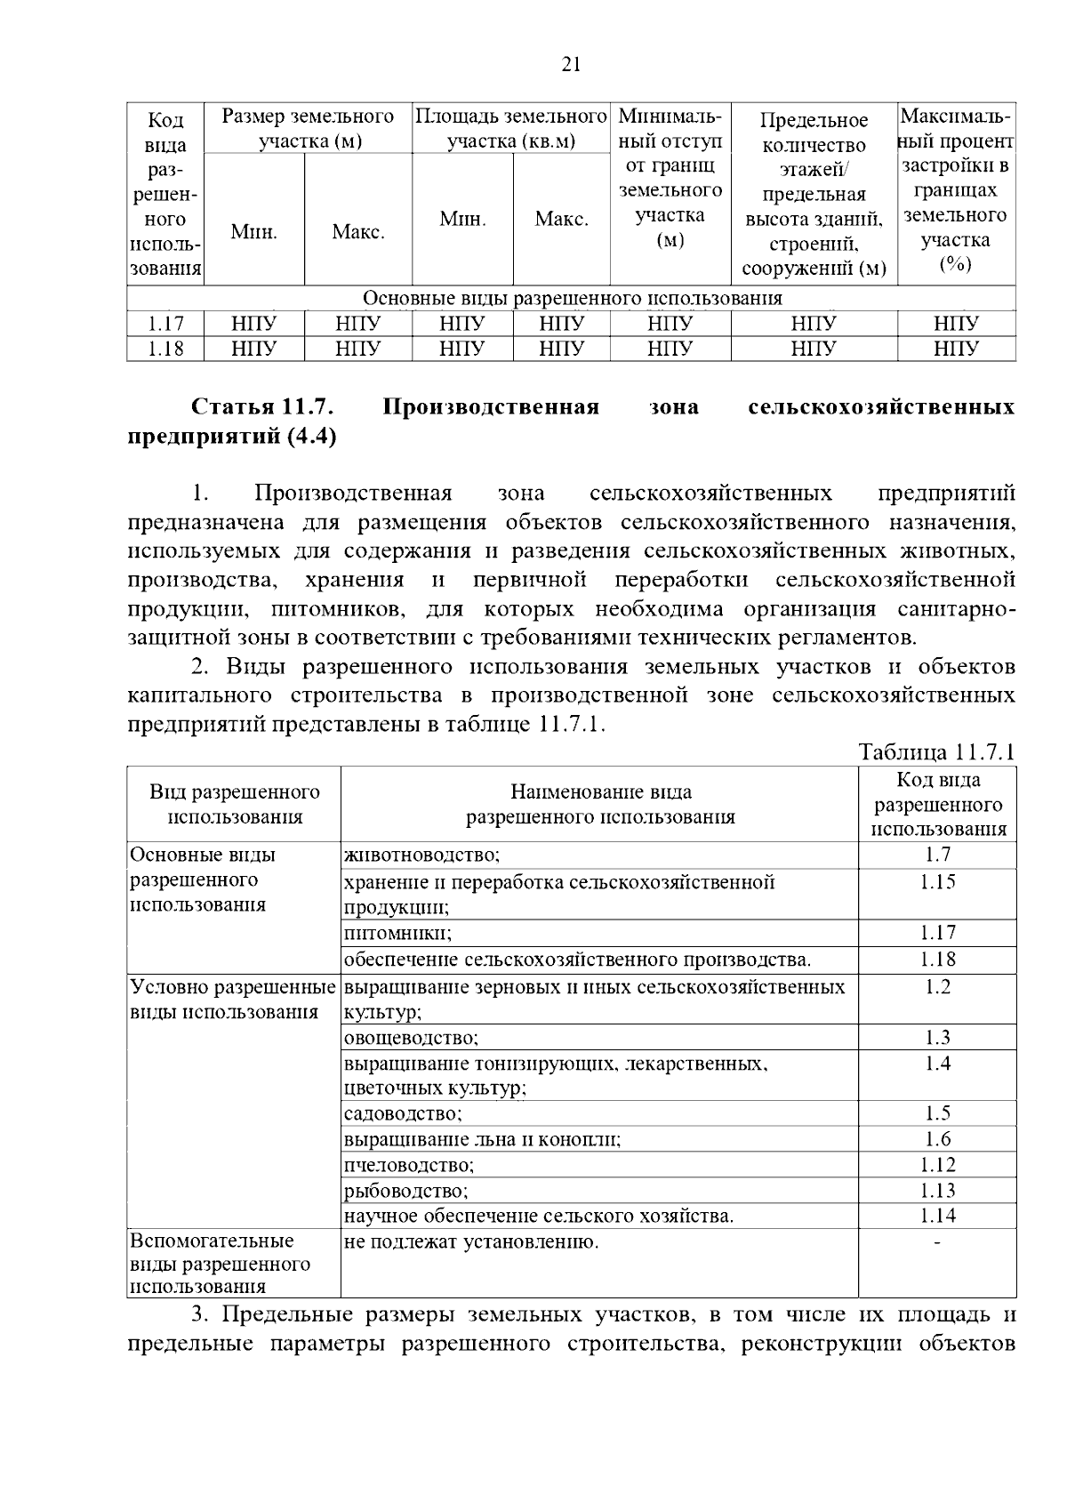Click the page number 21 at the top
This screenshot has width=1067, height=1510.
(x=572, y=64)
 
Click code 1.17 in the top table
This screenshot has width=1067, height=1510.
(x=165, y=324)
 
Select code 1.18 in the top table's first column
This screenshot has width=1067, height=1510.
(x=165, y=349)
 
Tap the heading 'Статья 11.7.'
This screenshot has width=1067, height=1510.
(x=262, y=407)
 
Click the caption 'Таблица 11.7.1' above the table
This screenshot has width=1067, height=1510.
(x=936, y=752)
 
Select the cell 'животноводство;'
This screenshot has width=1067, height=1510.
(x=422, y=855)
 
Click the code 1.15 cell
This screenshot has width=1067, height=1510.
(x=937, y=882)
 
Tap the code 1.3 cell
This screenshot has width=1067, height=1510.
(x=937, y=1038)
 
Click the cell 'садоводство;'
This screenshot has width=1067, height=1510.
(x=403, y=1113)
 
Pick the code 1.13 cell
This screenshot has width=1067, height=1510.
(x=937, y=1191)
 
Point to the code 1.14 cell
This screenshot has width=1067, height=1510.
(x=937, y=1216)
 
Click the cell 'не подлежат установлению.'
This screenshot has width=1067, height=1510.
(x=471, y=1241)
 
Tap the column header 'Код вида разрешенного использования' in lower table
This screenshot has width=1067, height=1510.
(x=937, y=805)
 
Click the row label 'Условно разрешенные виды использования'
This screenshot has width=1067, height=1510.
(x=234, y=1000)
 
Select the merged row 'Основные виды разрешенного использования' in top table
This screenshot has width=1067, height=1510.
(x=572, y=298)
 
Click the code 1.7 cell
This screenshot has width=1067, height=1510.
(x=937, y=855)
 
